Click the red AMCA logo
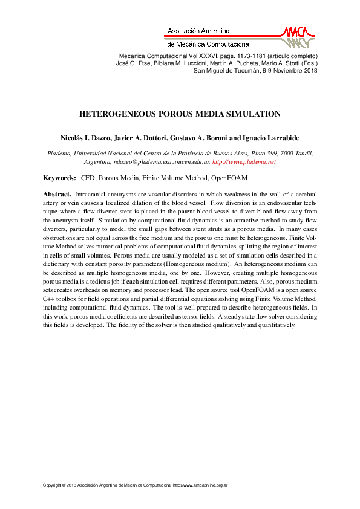tap(297, 36)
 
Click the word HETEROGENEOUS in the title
tap(117, 114)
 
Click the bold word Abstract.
tap(57, 194)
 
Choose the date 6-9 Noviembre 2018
tap(290, 71)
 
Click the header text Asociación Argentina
tap(198, 30)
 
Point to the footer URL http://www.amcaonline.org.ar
tap(200, 485)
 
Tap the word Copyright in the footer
tap(53, 485)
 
